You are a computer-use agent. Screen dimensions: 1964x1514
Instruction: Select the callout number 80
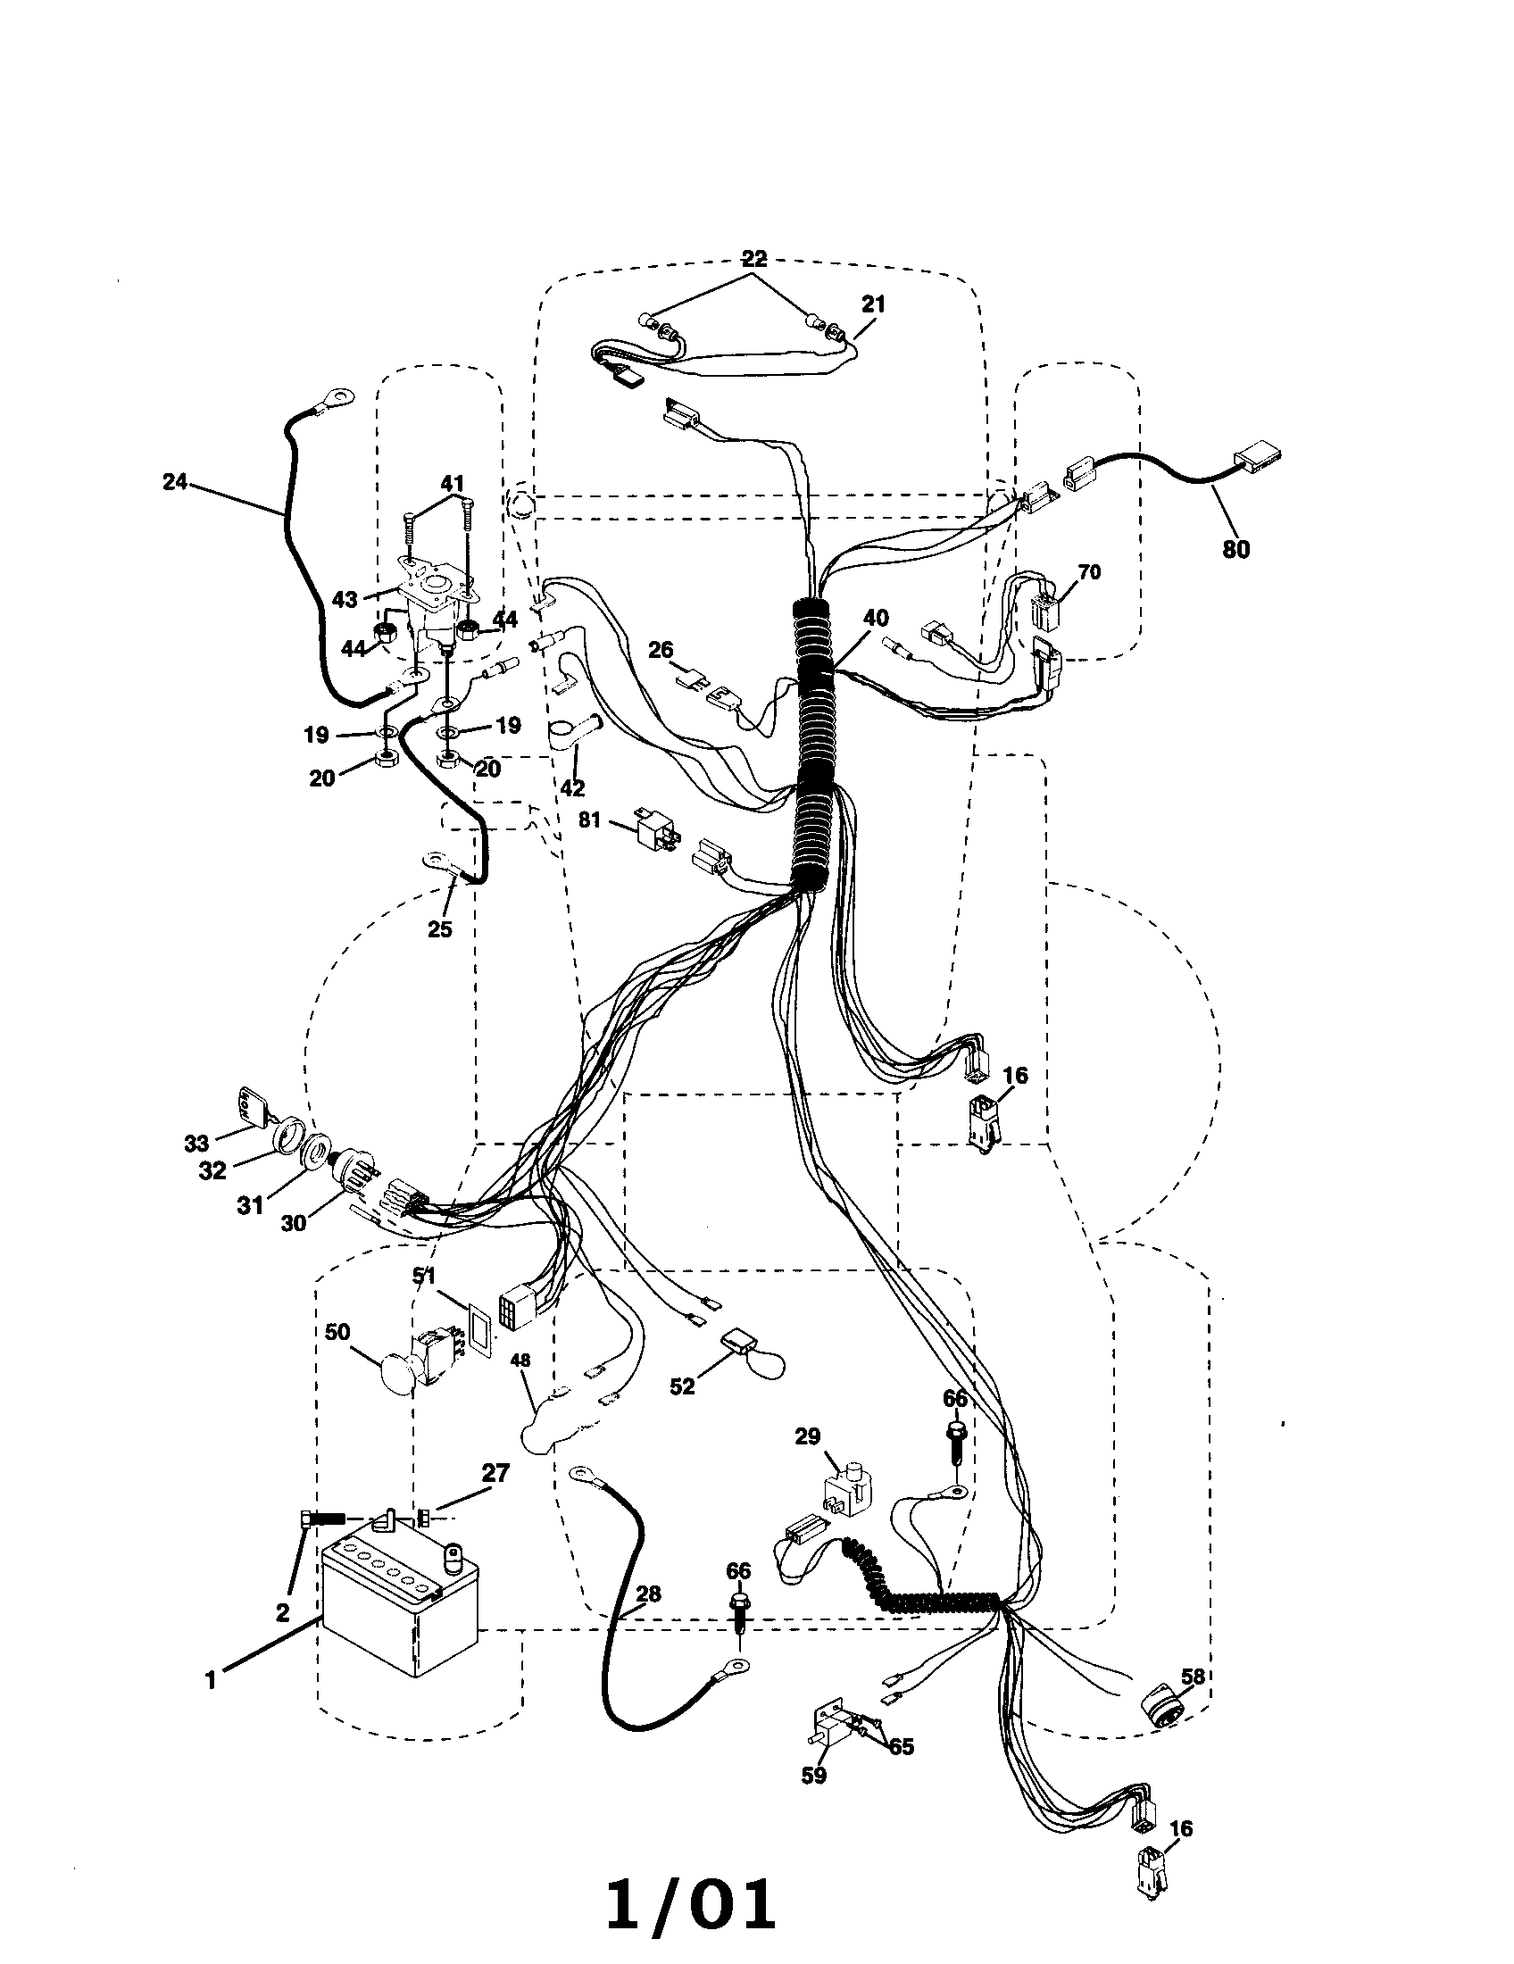[1235, 548]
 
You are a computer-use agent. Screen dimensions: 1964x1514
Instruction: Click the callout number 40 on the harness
[875, 619]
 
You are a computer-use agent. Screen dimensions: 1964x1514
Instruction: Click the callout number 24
[174, 482]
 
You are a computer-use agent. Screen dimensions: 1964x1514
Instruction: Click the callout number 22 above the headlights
[753, 259]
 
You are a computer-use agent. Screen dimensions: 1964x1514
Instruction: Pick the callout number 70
[1089, 572]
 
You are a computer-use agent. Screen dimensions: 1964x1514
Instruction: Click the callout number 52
[682, 1386]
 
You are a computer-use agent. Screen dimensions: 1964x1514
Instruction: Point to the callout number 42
[572, 787]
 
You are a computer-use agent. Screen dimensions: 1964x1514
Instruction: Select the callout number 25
[439, 929]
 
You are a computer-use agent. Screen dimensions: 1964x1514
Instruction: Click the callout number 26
[661, 649]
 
